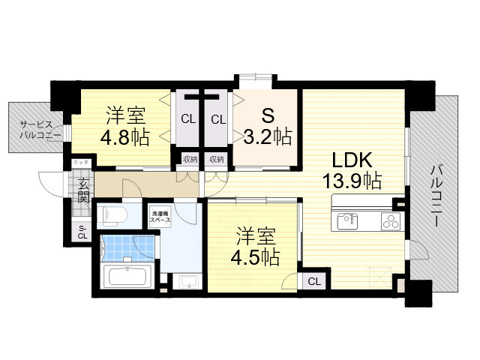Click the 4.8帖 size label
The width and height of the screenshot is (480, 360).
point(126,137)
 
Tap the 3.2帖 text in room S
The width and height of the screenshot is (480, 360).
point(267,136)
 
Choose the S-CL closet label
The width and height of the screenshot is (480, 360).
point(82,232)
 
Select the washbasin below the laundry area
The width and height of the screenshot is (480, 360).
point(188,282)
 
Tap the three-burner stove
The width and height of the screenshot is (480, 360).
point(391,220)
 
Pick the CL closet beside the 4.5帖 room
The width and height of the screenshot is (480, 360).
point(313,281)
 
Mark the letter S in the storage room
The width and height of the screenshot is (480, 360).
point(267,117)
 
